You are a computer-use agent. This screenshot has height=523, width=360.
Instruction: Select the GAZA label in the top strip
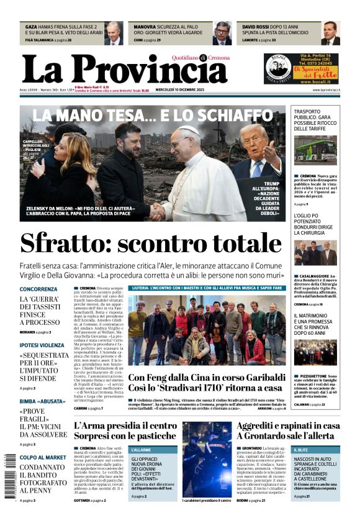(31, 27)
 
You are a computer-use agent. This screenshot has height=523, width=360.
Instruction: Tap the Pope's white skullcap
(189, 130)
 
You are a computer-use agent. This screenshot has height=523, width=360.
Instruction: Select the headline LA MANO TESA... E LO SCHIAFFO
(152, 115)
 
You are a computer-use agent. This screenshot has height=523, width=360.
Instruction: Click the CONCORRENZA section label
(38, 289)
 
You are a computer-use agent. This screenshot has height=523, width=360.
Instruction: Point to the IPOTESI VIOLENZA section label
(42, 345)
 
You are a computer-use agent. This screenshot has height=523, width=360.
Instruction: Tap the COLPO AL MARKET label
(42, 457)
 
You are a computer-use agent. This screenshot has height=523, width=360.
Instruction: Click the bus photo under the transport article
(315, 153)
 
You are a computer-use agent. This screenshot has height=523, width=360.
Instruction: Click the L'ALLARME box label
(142, 449)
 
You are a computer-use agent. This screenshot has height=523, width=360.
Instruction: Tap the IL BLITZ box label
(302, 449)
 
